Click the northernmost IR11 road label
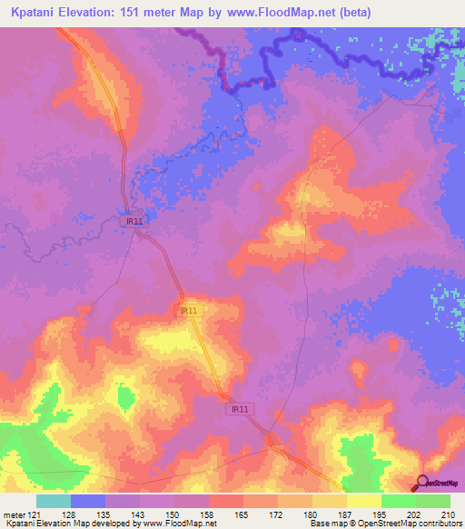point(133,219)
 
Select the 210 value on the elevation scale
point(449,514)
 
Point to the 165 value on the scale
point(242,514)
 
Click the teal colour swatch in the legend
point(53,501)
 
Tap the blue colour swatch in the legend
point(87,501)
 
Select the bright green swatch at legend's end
point(432,501)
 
